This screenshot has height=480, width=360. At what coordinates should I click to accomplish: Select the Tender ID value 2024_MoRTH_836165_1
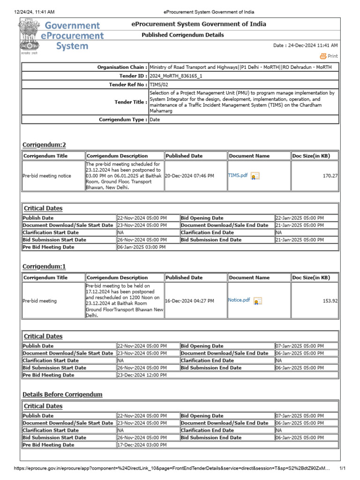pos(176,75)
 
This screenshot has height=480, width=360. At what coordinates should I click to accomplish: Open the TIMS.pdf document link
pos(238,175)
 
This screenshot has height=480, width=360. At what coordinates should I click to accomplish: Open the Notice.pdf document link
pos(239,300)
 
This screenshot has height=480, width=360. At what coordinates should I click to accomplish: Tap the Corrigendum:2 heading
pos(44,144)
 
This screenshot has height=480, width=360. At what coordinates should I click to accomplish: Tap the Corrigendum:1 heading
pos(44,266)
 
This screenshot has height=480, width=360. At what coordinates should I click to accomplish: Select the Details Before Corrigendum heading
pos(62,394)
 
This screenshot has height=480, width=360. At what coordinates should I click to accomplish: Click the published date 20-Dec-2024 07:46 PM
pos(190,176)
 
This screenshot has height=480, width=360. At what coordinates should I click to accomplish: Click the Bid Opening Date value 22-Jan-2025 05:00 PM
pos(300,218)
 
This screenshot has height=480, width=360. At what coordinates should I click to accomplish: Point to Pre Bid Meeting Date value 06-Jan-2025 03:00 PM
pos(141,247)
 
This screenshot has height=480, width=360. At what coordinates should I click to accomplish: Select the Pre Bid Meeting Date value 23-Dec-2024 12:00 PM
pos(142,375)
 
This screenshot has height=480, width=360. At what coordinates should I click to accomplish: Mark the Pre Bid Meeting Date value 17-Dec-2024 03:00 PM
pos(142,445)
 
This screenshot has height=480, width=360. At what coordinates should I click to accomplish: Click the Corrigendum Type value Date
pos(155,120)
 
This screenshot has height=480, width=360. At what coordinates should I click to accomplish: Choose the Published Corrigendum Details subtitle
pos(183,35)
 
